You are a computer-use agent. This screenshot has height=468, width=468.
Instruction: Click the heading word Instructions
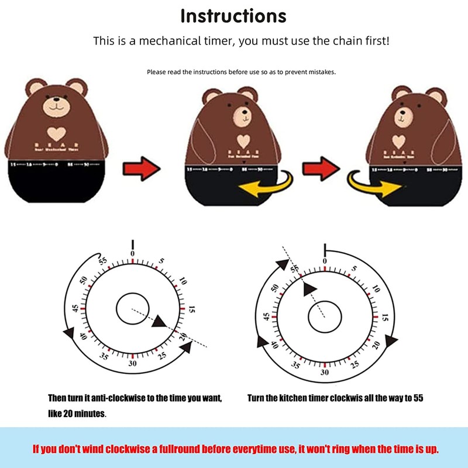tap(234, 16)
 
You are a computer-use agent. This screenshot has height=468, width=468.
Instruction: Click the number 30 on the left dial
tap(133, 363)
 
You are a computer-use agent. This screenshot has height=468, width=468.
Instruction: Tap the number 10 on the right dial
tap(375, 286)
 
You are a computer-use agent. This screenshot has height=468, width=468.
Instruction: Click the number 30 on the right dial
tap(325, 371)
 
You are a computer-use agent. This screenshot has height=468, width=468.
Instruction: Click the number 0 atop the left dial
tap(133, 253)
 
